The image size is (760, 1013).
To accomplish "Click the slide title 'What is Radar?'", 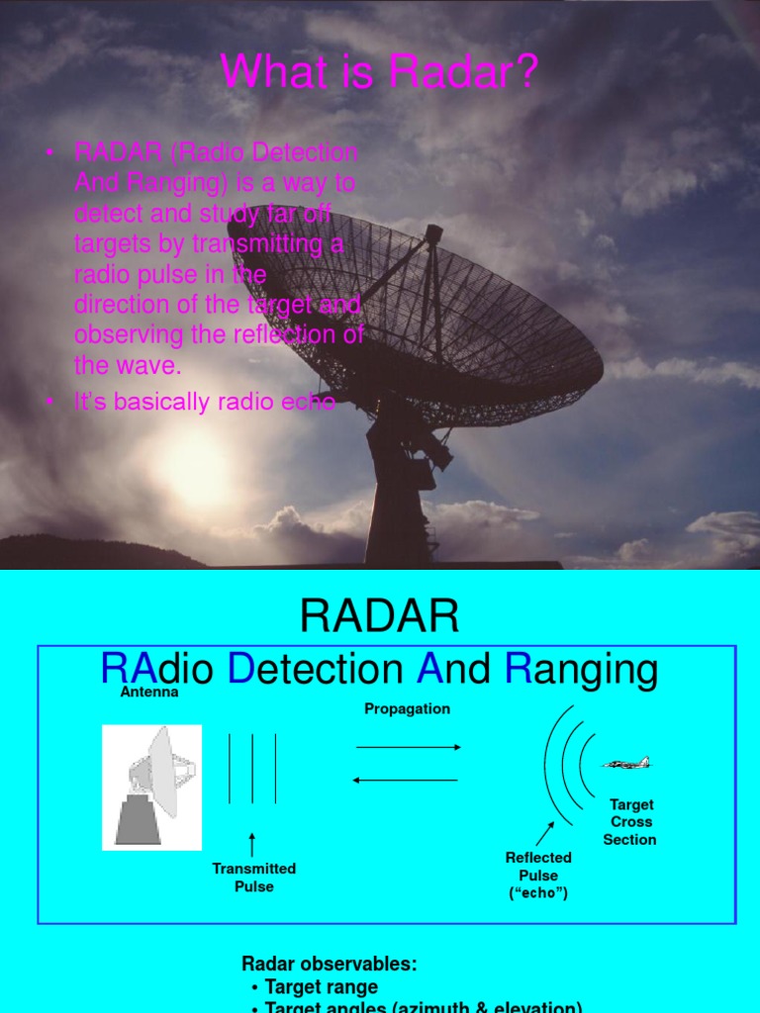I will (379, 73).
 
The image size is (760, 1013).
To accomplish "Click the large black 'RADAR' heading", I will (379, 617).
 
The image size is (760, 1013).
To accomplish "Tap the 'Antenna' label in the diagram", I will (149, 692).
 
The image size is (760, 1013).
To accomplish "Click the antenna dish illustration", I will (152, 786).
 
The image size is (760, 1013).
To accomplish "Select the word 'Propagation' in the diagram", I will (407, 708).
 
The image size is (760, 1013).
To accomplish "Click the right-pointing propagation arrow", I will (407, 748).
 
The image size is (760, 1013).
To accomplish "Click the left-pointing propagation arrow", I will (407, 780).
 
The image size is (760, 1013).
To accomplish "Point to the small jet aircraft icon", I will (626, 763).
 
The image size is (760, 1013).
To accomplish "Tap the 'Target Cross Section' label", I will (630, 822).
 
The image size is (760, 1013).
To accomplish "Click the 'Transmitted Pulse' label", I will (254, 877).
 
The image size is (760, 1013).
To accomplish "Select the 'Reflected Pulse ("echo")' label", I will (538, 875).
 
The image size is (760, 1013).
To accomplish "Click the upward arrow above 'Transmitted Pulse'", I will (252, 844).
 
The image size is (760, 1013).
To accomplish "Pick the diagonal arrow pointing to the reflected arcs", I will (545, 833).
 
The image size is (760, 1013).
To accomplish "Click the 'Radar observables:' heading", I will (330, 964).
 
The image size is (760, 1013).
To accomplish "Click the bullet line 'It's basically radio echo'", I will (205, 402).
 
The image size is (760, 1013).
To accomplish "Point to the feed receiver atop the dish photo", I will (432, 235).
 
